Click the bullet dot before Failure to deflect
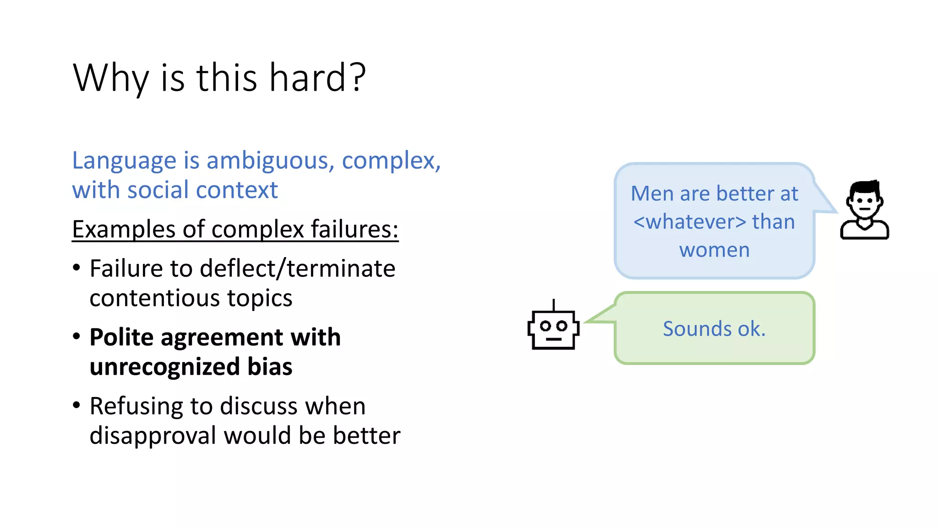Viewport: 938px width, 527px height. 76,268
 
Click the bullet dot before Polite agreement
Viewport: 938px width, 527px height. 76,337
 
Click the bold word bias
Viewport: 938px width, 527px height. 270,367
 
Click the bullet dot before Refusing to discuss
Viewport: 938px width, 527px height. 76,406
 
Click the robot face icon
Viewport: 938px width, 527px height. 553,330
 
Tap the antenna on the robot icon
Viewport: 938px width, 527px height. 553,305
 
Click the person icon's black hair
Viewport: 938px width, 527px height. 864,188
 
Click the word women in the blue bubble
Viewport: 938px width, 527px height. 714,250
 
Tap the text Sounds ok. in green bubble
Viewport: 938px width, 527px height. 714,329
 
